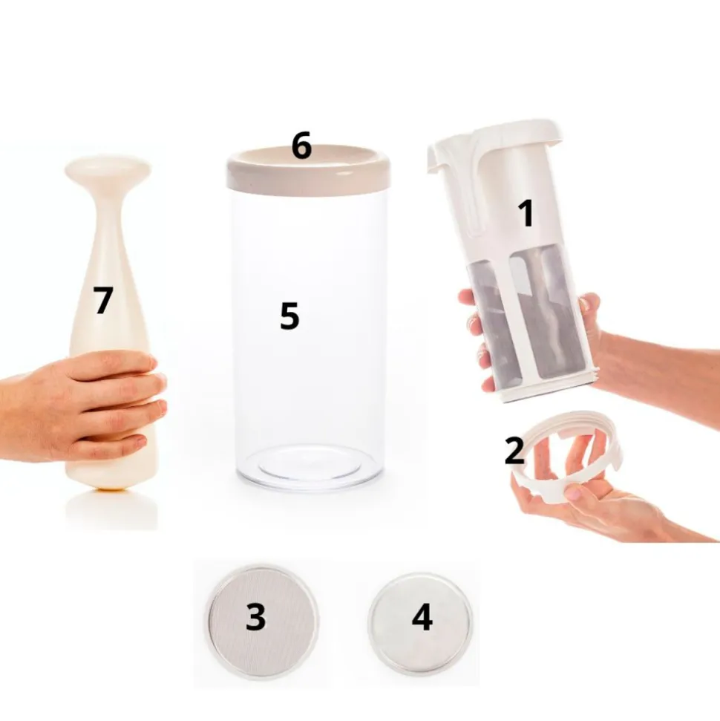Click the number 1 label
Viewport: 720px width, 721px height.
click(526, 213)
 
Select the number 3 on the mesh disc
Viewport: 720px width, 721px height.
click(256, 616)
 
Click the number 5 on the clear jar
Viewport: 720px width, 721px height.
click(289, 316)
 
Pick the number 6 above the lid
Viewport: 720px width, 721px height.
click(301, 146)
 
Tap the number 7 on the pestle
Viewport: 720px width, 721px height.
click(103, 300)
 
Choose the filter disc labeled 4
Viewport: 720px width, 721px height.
click(421, 619)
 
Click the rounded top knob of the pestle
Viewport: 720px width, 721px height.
click(108, 170)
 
